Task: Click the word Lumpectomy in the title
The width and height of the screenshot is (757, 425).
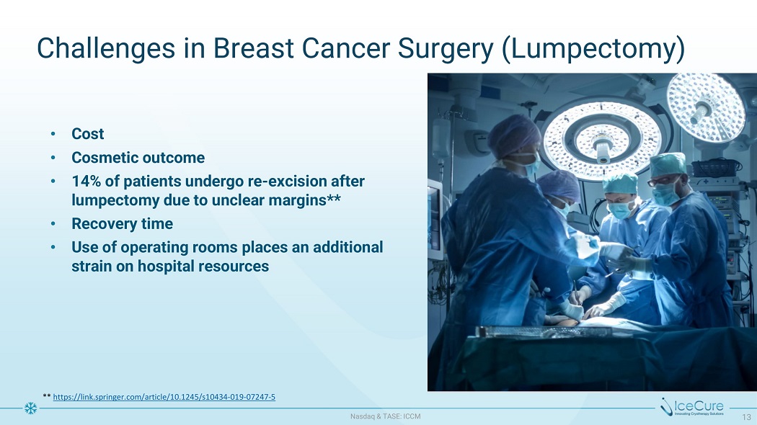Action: [x=593, y=49]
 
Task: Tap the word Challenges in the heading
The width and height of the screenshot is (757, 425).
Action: [x=106, y=49]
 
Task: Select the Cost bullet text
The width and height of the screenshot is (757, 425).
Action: [x=87, y=134]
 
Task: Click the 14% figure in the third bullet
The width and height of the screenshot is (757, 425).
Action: [x=86, y=181]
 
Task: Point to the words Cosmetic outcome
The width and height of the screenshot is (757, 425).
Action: [x=138, y=157]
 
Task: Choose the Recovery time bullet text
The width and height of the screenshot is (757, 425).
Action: [x=122, y=223]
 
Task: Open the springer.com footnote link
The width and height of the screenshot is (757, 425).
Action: [x=164, y=397]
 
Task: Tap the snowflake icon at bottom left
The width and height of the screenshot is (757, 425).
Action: [x=30, y=408]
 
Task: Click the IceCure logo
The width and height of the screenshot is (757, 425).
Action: [x=692, y=407]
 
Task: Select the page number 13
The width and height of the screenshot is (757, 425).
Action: [x=746, y=416]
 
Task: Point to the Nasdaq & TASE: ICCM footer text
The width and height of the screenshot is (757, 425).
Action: [x=385, y=416]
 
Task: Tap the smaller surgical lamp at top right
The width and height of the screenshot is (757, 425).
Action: [x=705, y=107]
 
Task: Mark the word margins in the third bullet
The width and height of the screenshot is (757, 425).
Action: [x=298, y=200]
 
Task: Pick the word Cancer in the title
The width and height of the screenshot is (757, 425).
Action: [x=345, y=49]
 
